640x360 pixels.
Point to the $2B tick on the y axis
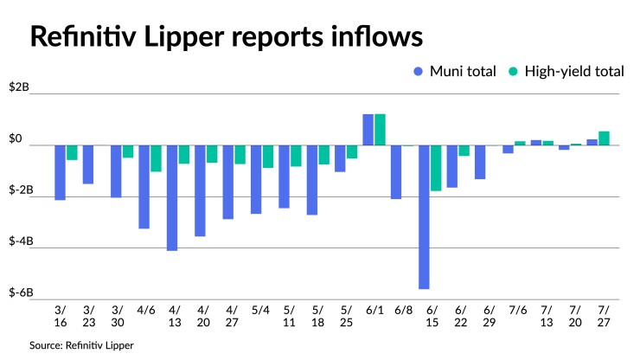pos(18,88)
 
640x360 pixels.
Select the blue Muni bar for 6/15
pos(425,216)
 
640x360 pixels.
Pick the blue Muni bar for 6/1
pos(368,130)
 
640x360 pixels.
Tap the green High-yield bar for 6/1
pos(380,130)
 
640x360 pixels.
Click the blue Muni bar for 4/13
pos(172,197)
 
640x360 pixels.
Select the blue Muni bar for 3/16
pos(61,172)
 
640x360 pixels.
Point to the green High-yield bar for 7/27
pos(604,138)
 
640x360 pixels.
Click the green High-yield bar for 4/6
pos(157,158)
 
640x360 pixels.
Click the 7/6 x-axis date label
pos(515,309)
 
